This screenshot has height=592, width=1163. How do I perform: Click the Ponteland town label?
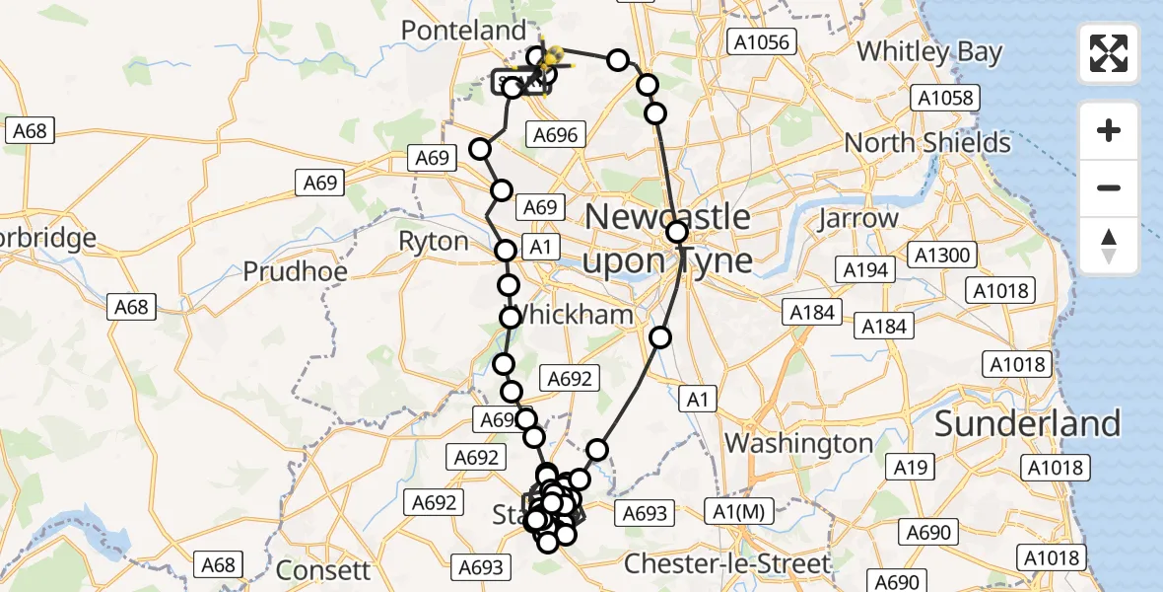pyautogui.click(x=463, y=31)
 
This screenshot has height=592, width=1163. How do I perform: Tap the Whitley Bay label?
pyautogui.click(x=929, y=51)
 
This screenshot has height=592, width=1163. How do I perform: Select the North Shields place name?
pyautogui.click(x=926, y=143)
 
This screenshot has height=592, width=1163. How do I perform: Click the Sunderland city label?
pyautogui.click(x=1027, y=423)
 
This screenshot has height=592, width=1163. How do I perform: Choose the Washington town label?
pyautogui.click(x=799, y=443)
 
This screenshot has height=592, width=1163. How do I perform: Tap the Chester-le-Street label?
pyautogui.click(x=727, y=564)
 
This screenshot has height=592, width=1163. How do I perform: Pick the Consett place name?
pyautogui.click(x=323, y=570)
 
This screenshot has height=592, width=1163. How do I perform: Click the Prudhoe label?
pyautogui.click(x=292, y=270)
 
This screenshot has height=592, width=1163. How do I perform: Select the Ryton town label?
pyautogui.click(x=433, y=242)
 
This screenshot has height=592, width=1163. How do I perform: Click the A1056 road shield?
pyautogui.click(x=760, y=41)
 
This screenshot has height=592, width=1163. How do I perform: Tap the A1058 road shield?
pyautogui.click(x=944, y=98)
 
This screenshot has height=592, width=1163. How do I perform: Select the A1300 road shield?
pyautogui.click(x=942, y=256)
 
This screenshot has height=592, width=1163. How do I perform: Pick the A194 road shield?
pyautogui.click(x=866, y=269)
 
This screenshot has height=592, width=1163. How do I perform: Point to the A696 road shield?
pyautogui.click(x=557, y=135)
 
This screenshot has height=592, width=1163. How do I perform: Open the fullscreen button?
pyautogui.click(x=1109, y=53)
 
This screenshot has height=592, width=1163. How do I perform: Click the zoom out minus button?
pyautogui.click(x=1109, y=188)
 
